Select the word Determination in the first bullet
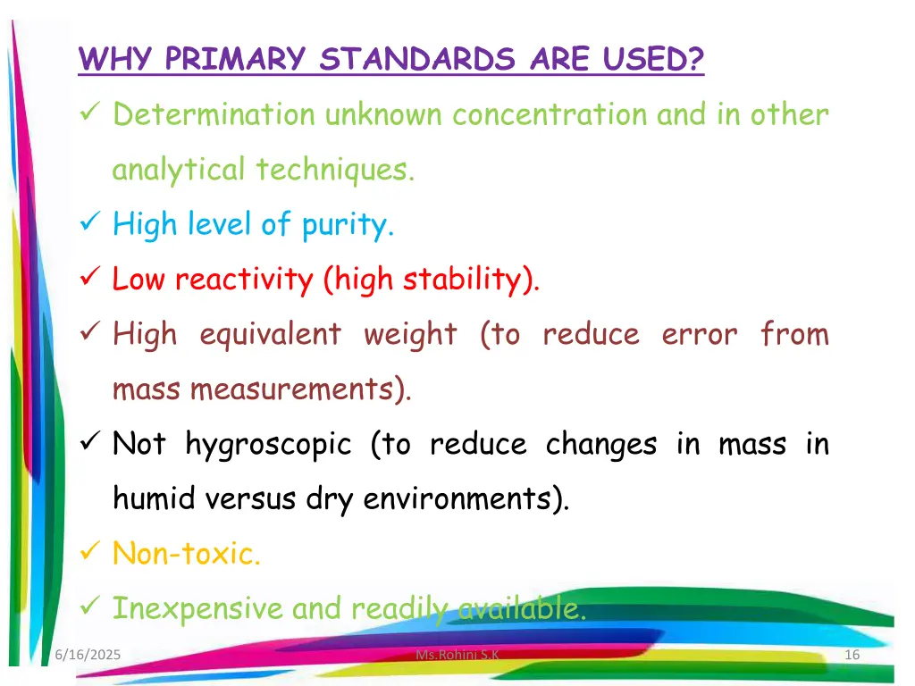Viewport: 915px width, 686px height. tap(214, 115)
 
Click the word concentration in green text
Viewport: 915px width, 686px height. tap(550, 115)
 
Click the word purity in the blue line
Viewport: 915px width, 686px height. tap(345, 225)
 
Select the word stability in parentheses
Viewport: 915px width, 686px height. tap(466, 280)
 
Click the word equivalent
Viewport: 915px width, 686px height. tap(270, 334)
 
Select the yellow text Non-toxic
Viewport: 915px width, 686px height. tap(187, 554)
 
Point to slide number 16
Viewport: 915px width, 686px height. tap(852, 656)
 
